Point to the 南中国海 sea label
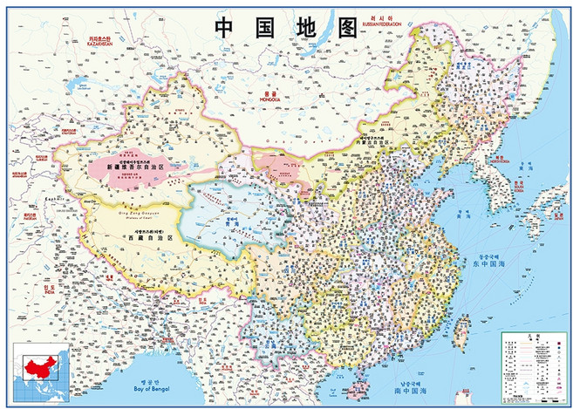coord(411,390)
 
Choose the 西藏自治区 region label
coord(144,236)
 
